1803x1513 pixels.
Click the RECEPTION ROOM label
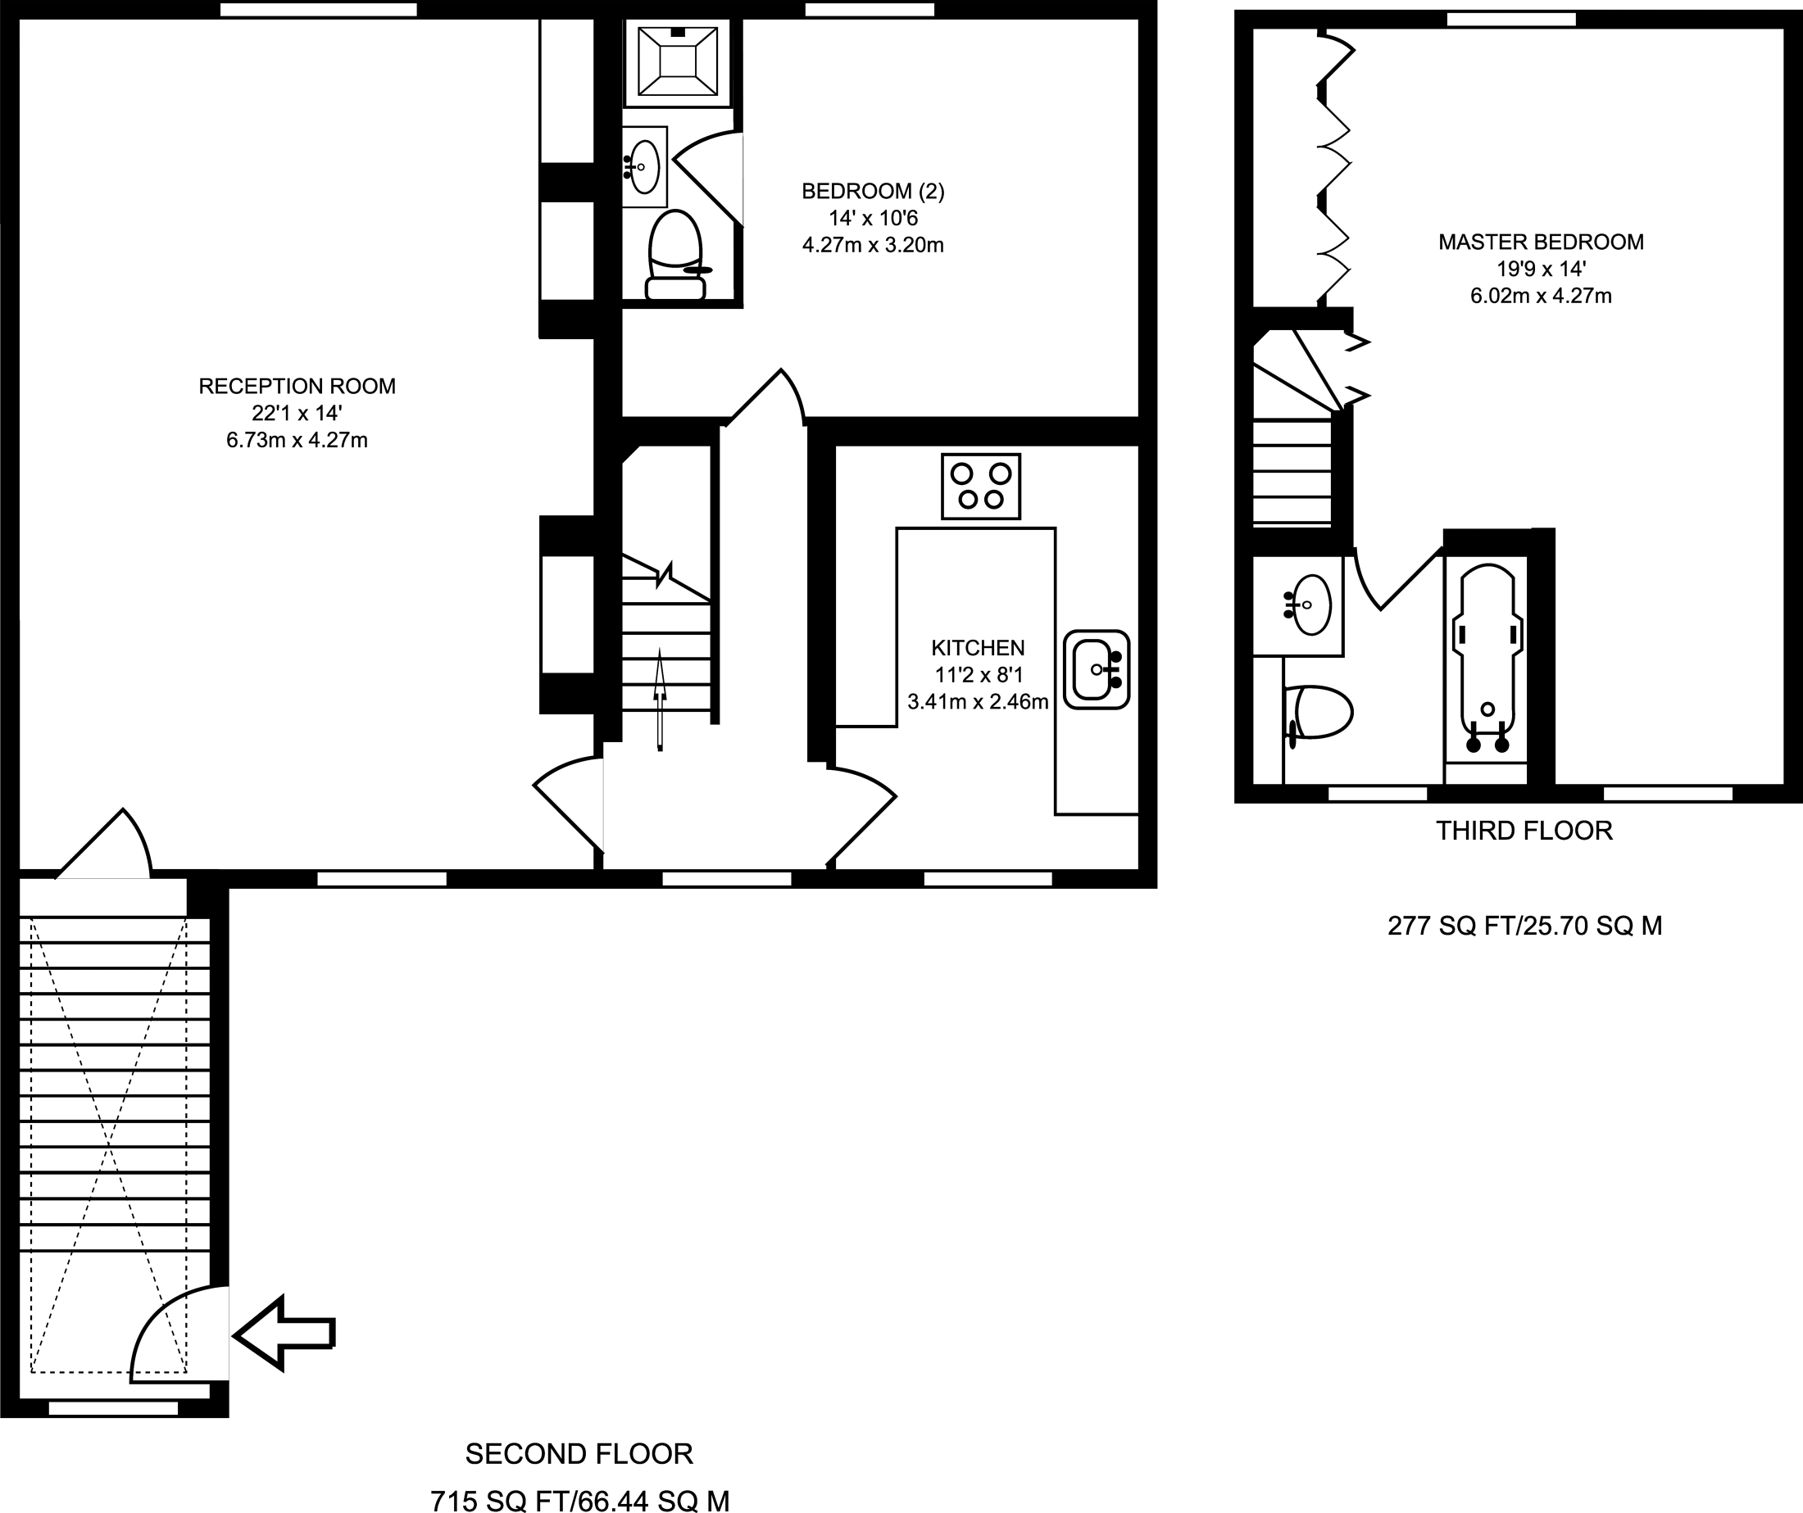(x=297, y=386)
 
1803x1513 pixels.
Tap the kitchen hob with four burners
(x=980, y=487)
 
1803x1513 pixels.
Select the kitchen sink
(x=1097, y=669)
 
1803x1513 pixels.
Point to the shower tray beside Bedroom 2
(x=679, y=60)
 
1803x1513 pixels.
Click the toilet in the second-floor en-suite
(x=675, y=256)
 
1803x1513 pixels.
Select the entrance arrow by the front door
(x=284, y=1333)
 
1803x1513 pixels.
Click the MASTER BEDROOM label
(x=1541, y=242)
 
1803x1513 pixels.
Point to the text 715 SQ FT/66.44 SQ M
(x=579, y=1500)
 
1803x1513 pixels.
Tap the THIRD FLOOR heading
(x=1524, y=831)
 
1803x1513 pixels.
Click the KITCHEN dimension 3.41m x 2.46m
(x=978, y=702)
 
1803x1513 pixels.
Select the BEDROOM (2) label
(x=873, y=191)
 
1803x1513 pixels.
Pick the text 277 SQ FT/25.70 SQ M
(x=1525, y=926)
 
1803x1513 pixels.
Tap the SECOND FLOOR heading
(x=579, y=1454)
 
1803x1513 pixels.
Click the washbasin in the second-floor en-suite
(x=643, y=166)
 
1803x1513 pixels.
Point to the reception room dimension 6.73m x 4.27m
(x=297, y=440)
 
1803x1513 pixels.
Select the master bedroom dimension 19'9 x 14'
(x=1541, y=269)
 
